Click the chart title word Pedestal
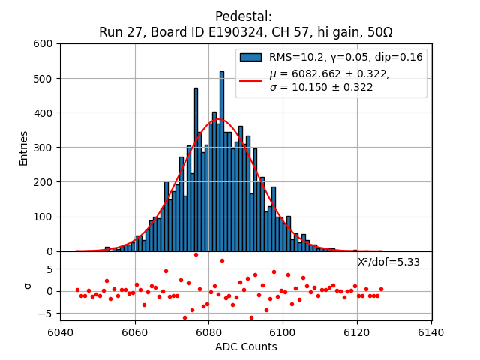(x=243, y=16)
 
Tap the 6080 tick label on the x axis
(x=208, y=332)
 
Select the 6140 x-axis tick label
(x=431, y=332)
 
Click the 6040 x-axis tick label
(x=61, y=332)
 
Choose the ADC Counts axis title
(x=246, y=346)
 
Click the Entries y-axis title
(x=24, y=148)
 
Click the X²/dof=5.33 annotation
(x=388, y=262)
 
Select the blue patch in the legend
(x=250, y=57)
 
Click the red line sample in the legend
(x=250, y=80)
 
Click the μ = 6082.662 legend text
(x=330, y=73)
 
